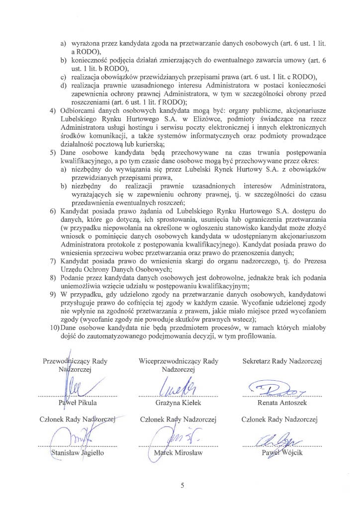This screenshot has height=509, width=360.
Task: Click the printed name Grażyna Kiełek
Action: pyautogui.click(x=178, y=402)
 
